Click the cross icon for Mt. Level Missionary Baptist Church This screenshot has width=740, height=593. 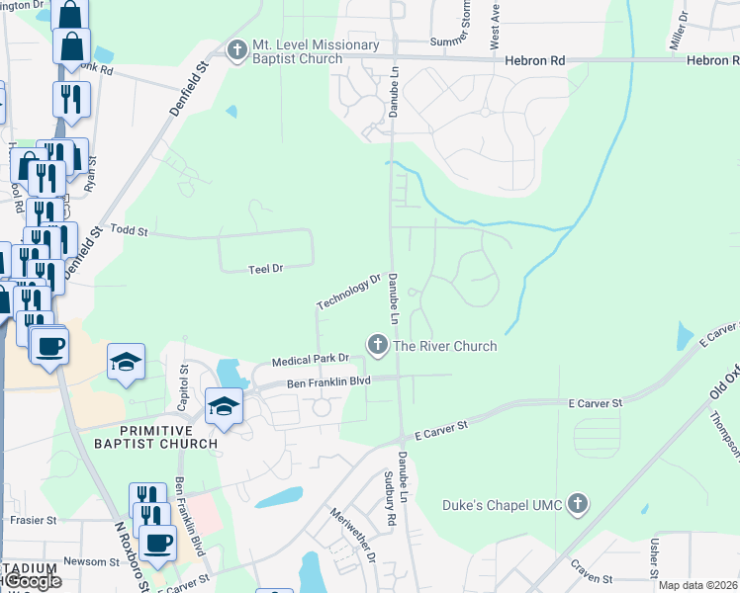pos(236,49)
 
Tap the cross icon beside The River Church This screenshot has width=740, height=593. pos(377,345)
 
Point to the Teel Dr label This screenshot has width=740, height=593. pos(265,268)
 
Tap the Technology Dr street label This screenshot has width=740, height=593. pos(348,291)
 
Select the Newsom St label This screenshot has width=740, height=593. pos(91,561)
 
